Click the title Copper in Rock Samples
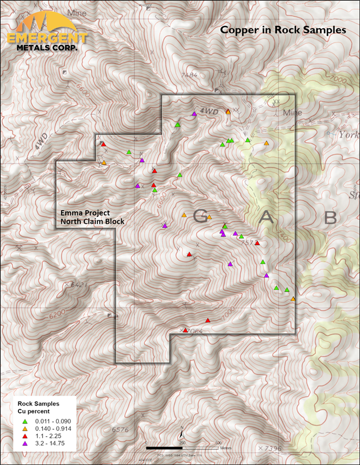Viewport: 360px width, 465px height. click(x=283, y=29)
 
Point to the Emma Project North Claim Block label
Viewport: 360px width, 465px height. click(x=92, y=217)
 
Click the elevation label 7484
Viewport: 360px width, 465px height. click(x=189, y=76)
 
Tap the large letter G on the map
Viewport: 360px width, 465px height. click(x=200, y=217)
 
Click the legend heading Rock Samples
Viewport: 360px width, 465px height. click(x=40, y=404)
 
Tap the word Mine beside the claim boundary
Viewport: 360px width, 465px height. click(x=292, y=114)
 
